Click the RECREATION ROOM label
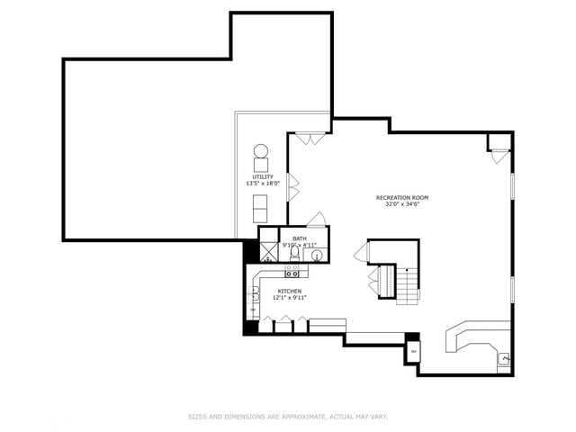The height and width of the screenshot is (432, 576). [402, 197]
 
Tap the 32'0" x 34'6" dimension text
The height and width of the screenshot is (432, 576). [402, 204]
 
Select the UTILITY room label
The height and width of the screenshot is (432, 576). [263, 176]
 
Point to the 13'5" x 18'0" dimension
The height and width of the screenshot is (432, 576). [263, 184]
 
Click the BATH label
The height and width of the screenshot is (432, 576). [300, 238]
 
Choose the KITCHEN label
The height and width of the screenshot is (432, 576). [290, 291]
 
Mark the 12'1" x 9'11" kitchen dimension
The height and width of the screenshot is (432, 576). [290, 298]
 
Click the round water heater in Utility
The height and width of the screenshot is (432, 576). [261, 151]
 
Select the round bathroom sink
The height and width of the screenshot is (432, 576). [317, 256]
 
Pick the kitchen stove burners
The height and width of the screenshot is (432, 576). [292, 271]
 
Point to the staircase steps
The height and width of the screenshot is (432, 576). [408, 286]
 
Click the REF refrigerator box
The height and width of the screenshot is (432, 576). [414, 350]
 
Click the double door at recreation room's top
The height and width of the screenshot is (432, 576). [310, 139]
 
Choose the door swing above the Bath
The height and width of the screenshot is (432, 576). [316, 219]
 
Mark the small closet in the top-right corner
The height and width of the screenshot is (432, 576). [499, 144]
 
